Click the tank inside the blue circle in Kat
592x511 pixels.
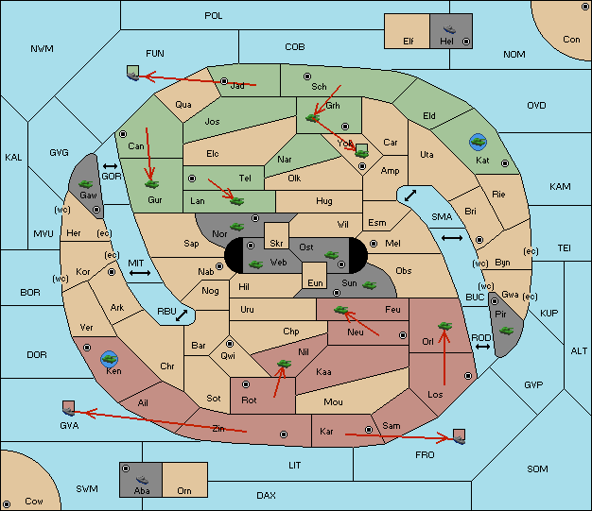point(478,142)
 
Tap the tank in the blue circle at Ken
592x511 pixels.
point(110,359)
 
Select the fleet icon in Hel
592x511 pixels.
point(449,29)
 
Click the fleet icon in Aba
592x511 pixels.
point(142,480)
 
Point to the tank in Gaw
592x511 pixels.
point(86,184)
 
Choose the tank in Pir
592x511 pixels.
point(506,331)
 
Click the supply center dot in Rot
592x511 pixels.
point(246,384)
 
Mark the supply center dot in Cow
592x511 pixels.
point(7,504)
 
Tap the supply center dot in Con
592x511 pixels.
point(584,7)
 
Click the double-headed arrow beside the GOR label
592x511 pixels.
point(110,166)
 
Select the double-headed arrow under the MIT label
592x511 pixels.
point(140,273)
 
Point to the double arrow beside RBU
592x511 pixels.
point(182,315)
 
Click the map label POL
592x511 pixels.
point(214,16)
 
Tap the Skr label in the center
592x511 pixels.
point(276,244)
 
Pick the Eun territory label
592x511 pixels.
point(315,283)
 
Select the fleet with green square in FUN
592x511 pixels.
point(133,73)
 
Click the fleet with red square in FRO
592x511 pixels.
point(459,436)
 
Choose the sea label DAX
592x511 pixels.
point(266,495)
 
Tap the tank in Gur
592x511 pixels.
point(151,184)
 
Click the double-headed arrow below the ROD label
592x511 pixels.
point(482,347)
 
